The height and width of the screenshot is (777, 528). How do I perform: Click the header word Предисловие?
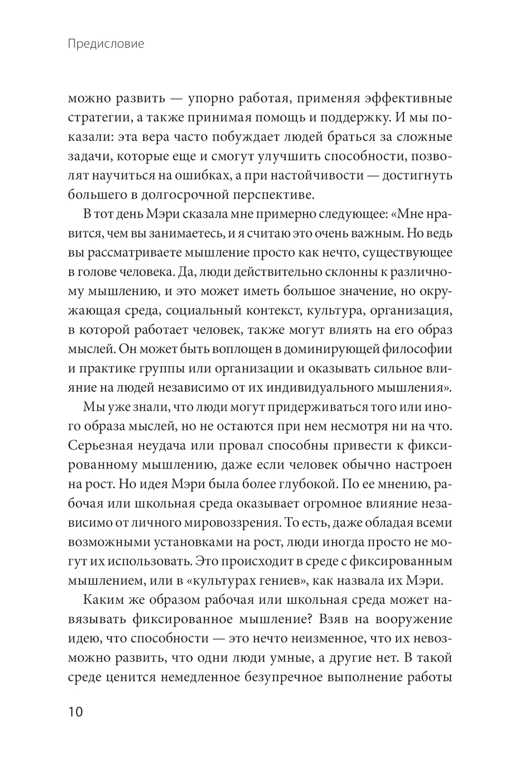point(106,44)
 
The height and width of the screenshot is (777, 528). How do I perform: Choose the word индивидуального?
point(306,387)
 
